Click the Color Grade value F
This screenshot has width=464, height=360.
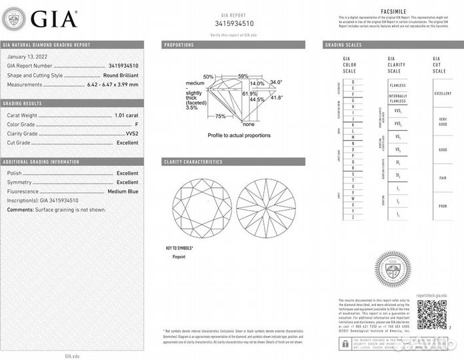(x=137, y=124)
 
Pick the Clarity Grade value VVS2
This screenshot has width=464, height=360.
(x=132, y=133)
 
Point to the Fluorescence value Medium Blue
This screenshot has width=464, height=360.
(x=123, y=191)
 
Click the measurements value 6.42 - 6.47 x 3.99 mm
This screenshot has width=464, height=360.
(x=113, y=85)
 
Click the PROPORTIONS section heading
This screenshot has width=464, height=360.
(x=179, y=45)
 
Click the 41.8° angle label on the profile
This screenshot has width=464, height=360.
(x=276, y=97)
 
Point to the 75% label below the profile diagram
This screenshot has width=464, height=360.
(x=220, y=116)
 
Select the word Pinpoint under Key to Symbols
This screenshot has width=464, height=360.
(x=179, y=256)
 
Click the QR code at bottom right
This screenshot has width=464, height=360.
(x=432, y=314)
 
